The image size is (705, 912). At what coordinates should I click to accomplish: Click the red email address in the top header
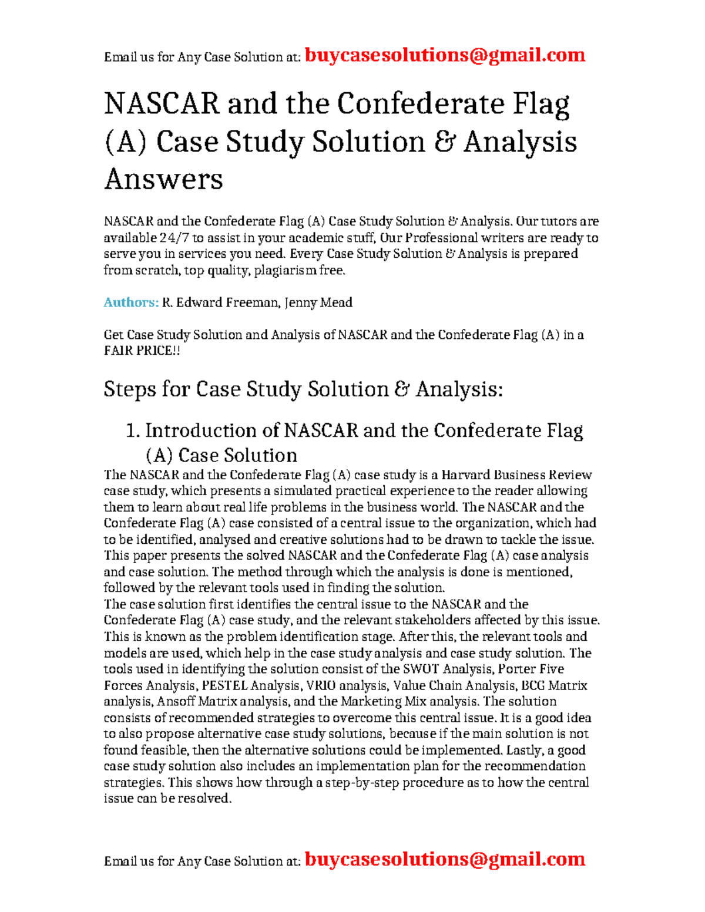coord(445,55)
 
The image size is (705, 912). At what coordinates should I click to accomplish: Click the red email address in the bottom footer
coord(445,859)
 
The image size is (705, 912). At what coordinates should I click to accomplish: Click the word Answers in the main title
coord(163,179)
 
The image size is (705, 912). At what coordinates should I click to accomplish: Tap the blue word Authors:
coord(131,302)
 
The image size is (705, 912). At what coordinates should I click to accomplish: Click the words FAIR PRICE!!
coord(142,351)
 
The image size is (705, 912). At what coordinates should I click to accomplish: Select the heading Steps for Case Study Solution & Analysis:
coord(303,389)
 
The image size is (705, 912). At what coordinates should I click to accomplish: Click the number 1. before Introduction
coord(133,430)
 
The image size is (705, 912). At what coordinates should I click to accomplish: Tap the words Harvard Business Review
coord(516,474)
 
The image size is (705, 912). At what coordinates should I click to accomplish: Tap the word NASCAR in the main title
coord(162,105)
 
